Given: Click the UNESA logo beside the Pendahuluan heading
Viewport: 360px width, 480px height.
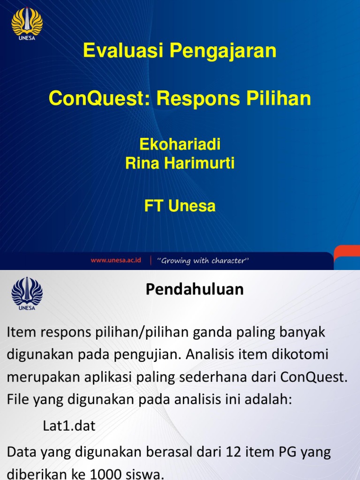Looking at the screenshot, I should (x=27, y=294).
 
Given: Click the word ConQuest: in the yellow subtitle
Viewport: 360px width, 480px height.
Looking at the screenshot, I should (x=99, y=98).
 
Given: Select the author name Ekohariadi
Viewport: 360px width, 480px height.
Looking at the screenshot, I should (x=180, y=144).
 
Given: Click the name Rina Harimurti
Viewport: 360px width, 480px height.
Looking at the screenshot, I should (x=180, y=164).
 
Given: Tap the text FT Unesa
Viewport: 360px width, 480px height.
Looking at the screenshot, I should (x=180, y=206).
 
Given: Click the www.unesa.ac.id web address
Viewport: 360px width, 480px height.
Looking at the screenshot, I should (x=116, y=260).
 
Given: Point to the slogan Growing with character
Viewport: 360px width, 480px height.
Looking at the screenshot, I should (x=203, y=261).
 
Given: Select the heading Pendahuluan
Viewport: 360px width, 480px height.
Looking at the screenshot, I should (x=195, y=289).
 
